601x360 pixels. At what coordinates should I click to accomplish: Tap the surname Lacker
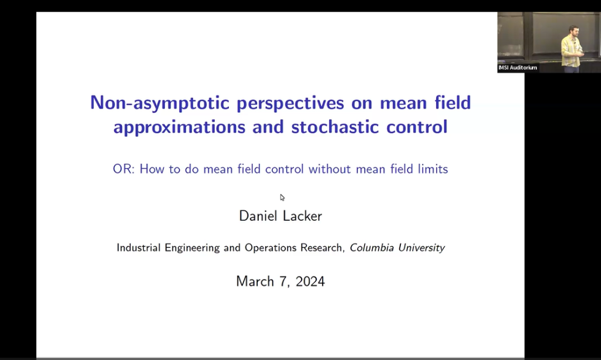303,216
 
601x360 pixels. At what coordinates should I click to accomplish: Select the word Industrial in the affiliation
139,248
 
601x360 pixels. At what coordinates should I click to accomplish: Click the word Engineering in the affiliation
194,248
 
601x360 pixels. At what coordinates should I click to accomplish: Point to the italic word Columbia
372,248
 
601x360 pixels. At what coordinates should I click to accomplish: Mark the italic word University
421,248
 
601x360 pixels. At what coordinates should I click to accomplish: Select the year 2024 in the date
310,281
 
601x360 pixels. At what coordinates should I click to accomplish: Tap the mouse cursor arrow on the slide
282,197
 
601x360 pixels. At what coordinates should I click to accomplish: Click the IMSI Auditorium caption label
518,68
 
